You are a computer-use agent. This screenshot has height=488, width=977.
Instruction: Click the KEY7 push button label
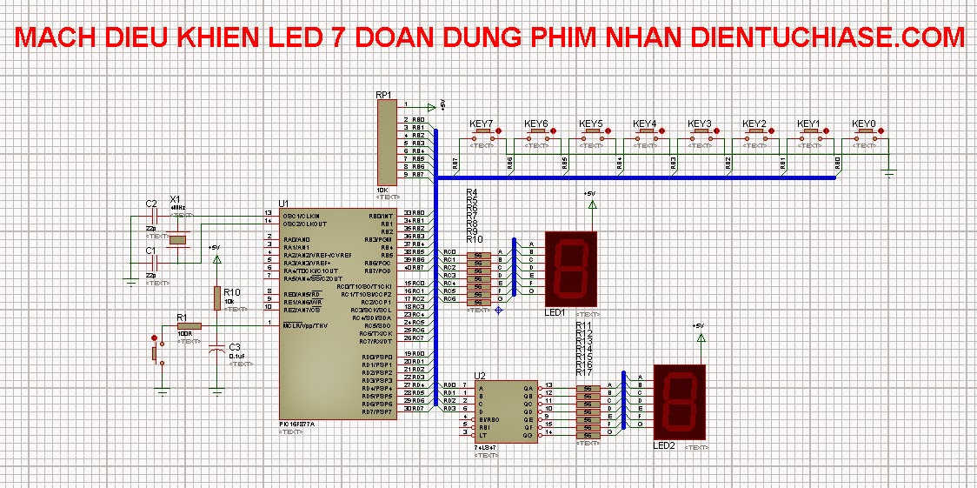[x=481, y=124]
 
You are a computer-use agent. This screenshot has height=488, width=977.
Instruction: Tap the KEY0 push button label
[x=864, y=124]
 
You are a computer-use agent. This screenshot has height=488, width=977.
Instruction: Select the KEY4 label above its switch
[x=645, y=124]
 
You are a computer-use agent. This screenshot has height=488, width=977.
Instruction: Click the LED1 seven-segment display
[x=571, y=268]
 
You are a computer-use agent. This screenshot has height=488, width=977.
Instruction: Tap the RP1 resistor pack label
[x=384, y=95]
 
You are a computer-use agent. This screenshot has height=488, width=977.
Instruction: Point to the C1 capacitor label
[x=150, y=251]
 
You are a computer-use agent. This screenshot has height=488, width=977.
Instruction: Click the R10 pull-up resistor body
[x=216, y=297]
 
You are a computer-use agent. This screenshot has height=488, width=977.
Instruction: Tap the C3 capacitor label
[x=234, y=347]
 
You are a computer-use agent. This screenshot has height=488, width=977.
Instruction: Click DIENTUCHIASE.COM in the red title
[x=827, y=37]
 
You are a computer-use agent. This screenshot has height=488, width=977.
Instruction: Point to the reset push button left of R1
[x=157, y=351]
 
